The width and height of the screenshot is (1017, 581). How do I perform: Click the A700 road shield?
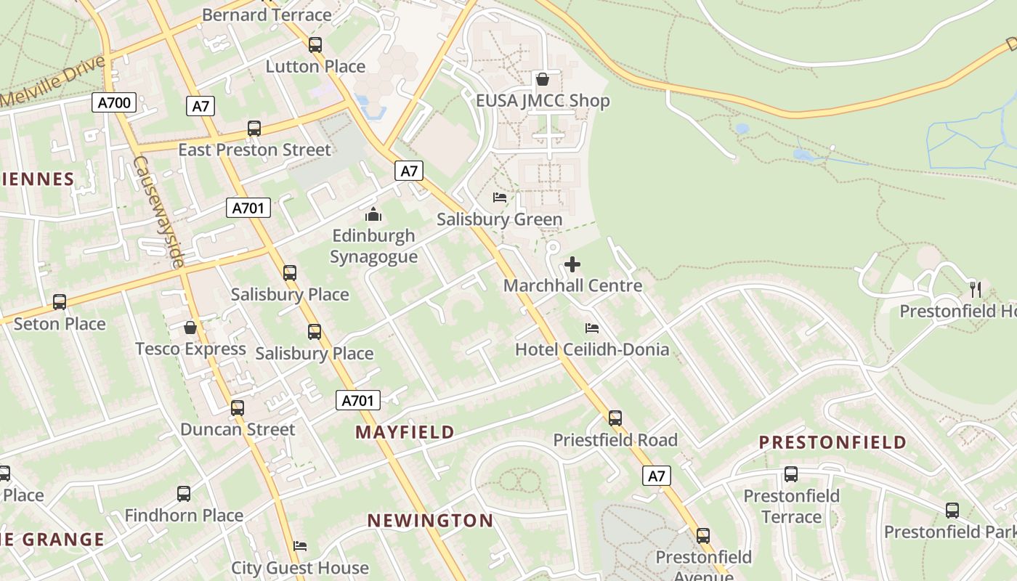115,102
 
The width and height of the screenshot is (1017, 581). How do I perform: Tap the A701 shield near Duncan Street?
358,400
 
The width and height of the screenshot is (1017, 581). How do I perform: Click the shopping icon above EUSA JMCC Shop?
542,79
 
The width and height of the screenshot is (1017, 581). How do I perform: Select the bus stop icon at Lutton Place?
315,45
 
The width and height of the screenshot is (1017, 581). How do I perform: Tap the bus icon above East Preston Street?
254,129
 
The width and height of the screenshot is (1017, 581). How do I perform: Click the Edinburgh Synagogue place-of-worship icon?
373,214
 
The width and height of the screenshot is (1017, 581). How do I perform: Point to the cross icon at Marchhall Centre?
572,264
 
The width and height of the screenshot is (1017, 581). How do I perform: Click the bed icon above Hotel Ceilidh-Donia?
592,328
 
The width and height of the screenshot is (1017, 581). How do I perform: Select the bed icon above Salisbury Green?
499,198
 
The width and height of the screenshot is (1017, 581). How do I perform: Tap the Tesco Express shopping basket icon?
190,328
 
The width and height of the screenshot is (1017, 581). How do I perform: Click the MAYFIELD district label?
405,432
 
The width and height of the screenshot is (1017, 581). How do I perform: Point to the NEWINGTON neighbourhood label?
430,521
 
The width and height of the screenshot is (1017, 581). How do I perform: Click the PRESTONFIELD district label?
832,442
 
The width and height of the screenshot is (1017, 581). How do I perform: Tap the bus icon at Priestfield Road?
615,418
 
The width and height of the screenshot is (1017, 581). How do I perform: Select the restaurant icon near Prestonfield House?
975,290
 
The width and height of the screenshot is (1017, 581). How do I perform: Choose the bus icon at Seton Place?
60,302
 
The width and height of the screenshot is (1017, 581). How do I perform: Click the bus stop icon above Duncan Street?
238,408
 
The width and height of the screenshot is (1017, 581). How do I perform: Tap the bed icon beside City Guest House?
300,546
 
